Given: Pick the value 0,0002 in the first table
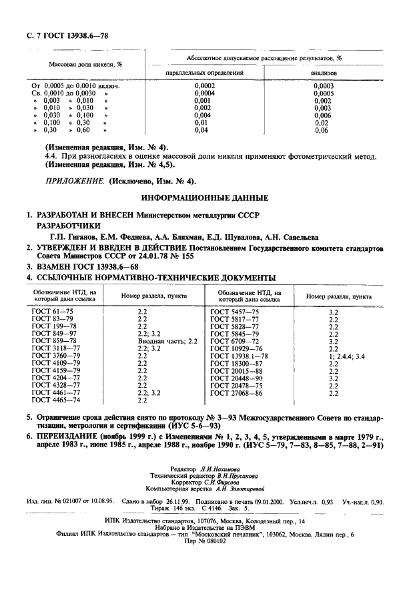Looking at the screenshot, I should click(x=203, y=87).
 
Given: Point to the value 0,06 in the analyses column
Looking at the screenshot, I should click(x=322, y=130).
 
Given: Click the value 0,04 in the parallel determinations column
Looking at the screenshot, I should click(x=201, y=130).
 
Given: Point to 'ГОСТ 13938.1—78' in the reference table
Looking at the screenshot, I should click(x=239, y=356).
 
